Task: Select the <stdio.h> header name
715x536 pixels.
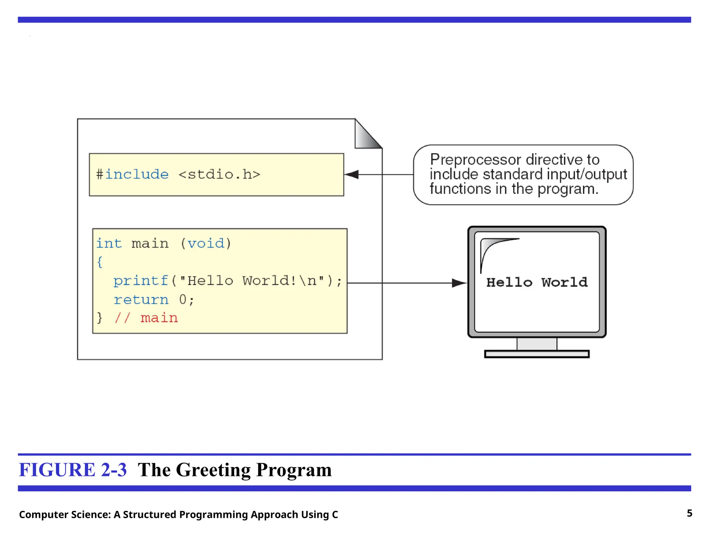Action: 219,174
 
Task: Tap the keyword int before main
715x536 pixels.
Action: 109,243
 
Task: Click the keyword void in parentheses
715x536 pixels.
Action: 206,243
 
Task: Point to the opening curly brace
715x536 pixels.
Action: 100,262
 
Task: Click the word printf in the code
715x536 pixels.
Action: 141,281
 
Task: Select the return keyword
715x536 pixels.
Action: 141,299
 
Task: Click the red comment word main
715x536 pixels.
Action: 159,318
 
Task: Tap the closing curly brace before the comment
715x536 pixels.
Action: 100,318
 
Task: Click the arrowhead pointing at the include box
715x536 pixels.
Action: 352,174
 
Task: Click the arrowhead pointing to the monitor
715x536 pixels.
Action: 459,283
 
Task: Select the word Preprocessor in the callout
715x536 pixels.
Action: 476,160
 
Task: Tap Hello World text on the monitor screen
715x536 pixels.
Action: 537,282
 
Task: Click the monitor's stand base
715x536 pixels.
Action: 537,354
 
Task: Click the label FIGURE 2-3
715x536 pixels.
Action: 73,470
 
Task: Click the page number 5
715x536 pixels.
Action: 689,513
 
